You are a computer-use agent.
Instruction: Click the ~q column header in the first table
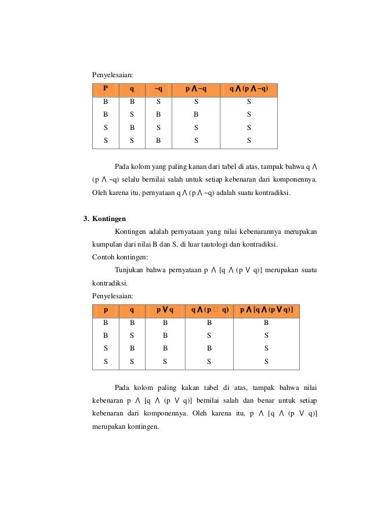pos(158,89)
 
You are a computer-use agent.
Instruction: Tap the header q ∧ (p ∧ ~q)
pos(248,89)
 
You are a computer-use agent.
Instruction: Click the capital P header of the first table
pos(105,89)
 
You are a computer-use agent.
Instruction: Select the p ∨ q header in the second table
pos(165,310)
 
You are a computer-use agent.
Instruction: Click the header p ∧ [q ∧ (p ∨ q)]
pos(266,310)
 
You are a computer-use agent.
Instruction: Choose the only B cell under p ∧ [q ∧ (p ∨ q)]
pos(266,322)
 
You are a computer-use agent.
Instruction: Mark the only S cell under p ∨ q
pos(165,361)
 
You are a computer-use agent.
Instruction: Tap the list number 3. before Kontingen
pos(87,219)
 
